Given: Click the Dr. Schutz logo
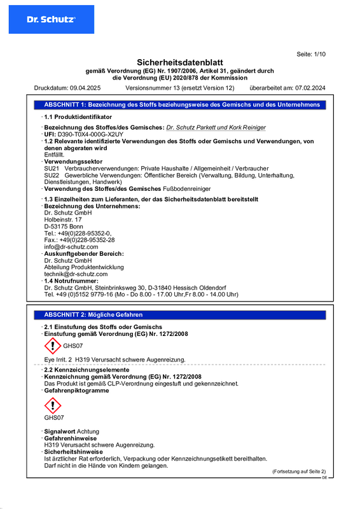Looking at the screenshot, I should click(50, 19).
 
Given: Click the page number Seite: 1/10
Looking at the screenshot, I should click(311, 55).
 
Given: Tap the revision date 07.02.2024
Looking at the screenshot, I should click(309, 88).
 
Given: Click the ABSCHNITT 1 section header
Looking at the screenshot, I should click(182, 104).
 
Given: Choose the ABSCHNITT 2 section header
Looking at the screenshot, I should click(93, 315).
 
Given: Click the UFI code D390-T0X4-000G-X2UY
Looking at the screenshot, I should click(88, 135).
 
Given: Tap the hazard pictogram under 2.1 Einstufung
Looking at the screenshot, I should click(52, 345).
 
